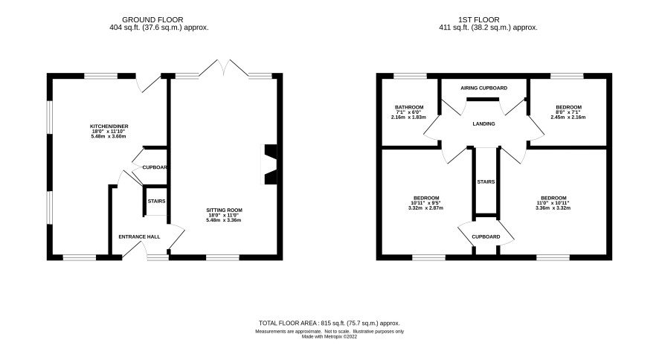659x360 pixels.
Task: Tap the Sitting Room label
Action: pos(224,210)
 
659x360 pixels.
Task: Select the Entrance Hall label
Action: pos(139,237)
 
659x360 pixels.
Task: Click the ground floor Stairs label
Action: pos(156,202)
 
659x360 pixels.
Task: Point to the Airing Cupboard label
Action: pos(483,89)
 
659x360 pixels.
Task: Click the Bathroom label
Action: pos(409,108)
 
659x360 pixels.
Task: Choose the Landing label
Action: pos(483,124)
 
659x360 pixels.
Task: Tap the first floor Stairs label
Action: pos(486,182)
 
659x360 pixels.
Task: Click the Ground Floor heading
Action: pos(152,20)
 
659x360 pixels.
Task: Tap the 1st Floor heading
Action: pos(479,20)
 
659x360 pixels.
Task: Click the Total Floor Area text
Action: pos(329,323)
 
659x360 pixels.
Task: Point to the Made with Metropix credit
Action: pos(329,336)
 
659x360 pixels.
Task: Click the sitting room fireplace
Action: pos(269,164)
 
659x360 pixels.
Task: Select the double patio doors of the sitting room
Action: pos(224,68)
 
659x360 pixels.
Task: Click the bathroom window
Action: pos(410,76)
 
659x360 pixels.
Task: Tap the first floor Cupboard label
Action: pos(486,237)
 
